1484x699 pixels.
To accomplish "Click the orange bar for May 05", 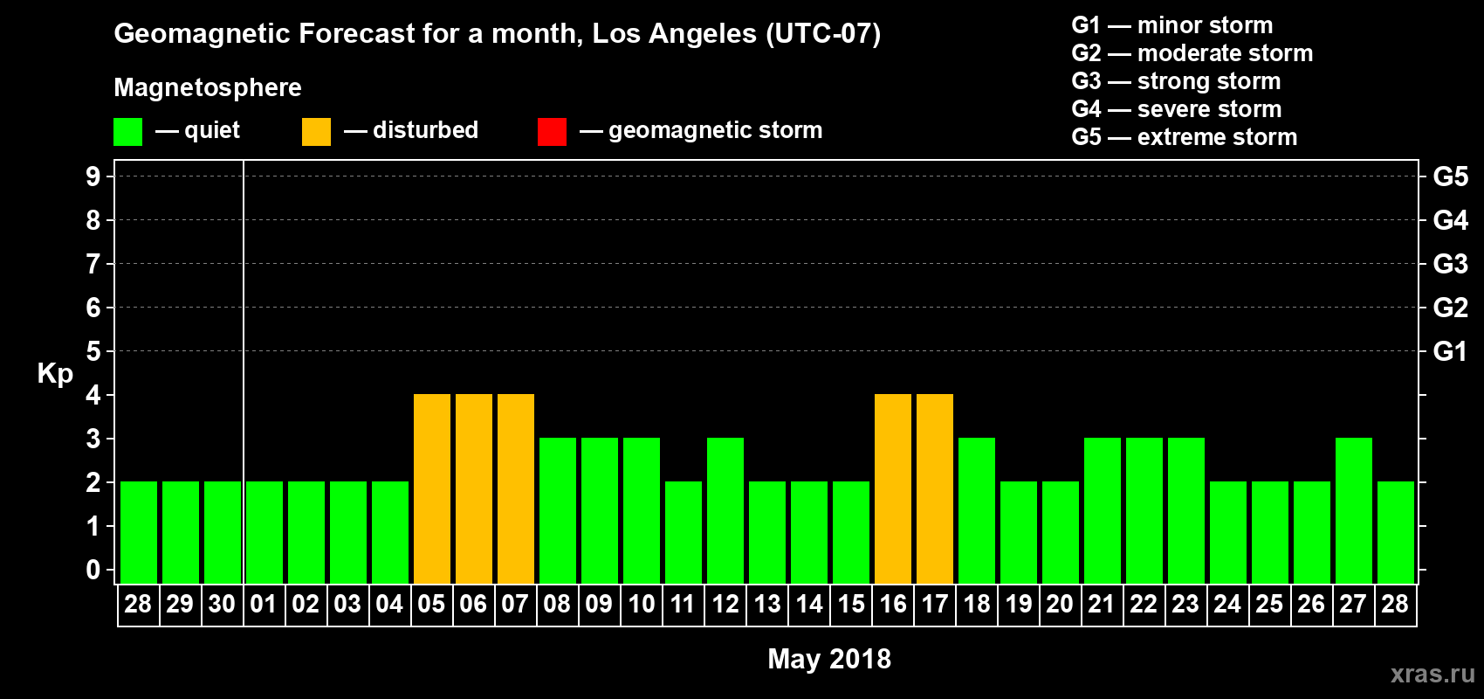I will click(432, 488).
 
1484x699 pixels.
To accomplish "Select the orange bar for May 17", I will click(935, 488).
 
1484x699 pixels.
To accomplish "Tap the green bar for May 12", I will click(725, 510).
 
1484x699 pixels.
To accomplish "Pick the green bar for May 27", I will click(1354, 510).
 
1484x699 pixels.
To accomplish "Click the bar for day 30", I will click(223, 532).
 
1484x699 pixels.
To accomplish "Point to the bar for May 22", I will click(1144, 510).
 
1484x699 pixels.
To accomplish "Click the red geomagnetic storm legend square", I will click(552, 132).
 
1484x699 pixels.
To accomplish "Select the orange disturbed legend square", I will click(316, 132).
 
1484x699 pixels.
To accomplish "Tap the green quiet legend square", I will click(127, 132).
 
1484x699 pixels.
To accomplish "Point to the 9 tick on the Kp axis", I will click(93, 176).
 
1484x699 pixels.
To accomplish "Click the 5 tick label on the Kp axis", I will click(93, 351).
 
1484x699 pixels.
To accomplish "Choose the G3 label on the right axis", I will click(1450, 264).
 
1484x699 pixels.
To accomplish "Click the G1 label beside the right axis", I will click(1450, 351).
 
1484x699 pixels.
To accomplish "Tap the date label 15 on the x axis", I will click(851, 604).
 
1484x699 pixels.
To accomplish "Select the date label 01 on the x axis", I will click(264, 604).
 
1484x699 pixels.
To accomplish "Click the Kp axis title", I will click(55, 374).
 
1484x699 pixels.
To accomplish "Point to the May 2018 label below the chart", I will click(829, 659).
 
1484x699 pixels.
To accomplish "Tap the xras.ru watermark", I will click(1432, 674).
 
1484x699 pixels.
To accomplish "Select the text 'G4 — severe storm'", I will click(1176, 109).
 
